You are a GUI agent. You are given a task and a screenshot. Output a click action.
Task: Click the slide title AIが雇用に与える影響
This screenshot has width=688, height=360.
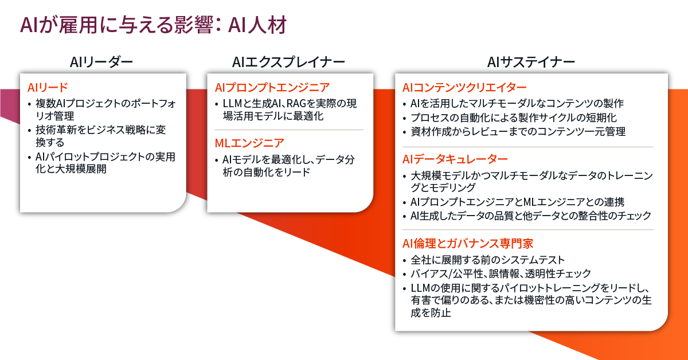(x=117, y=25)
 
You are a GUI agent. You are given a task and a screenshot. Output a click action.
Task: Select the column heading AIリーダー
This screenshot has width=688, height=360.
(x=101, y=62)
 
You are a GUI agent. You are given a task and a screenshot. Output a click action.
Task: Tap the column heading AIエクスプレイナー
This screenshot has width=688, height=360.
(x=288, y=62)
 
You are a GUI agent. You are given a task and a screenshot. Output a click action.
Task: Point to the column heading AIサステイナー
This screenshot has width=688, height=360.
(x=531, y=62)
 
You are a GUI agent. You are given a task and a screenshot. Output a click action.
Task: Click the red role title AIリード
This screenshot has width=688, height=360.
(x=48, y=88)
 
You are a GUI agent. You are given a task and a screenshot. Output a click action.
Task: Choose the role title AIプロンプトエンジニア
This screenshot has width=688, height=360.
(x=272, y=88)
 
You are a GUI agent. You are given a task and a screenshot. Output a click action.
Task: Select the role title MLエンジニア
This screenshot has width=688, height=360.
(x=249, y=143)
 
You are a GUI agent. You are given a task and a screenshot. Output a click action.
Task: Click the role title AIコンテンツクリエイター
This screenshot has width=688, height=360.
(x=464, y=88)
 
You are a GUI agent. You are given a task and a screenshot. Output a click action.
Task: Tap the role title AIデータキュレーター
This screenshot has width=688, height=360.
(x=455, y=159)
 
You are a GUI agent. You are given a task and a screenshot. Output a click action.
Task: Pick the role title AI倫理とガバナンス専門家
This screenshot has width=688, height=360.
(x=468, y=244)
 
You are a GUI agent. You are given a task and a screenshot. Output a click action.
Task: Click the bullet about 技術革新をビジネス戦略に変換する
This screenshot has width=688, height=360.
(x=101, y=136)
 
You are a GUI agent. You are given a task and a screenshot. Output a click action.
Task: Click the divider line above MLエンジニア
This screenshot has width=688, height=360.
(x=289, y=130)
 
